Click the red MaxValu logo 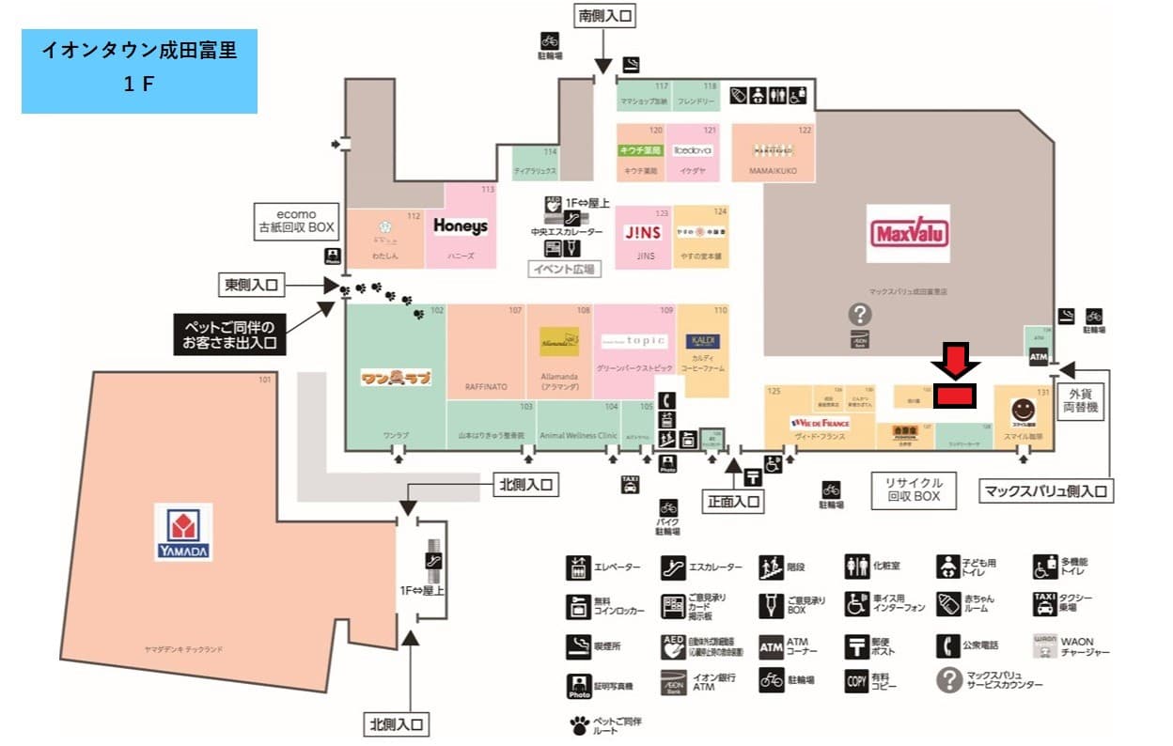(x=909, y=233)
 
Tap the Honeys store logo (x=461, y=225)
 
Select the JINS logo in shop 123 (x=644, y=233)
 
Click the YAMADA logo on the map (x=183, y=532)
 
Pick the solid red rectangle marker (x=955, y=396)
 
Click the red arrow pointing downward (x=955, y=362)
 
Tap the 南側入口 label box (x=604, y=16)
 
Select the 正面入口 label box (x=734, y=502)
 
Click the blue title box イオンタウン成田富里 (x=139, y=70)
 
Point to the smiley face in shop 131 (x=1023, y=410)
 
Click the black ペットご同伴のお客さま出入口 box (x=230, y=334)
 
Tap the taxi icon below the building (x=630, y=485)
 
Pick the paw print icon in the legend (x=578, y=724)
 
